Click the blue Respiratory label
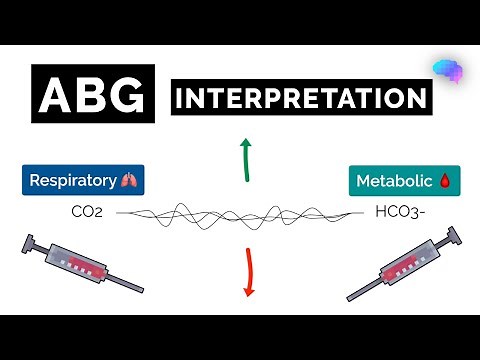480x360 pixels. pyautogui.click(x=83, y=181)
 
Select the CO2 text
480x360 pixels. pyautogui.click(x=87, y=212)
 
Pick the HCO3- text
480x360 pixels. pyautogui.click(x=398, y=212)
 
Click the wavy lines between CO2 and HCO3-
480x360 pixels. pyautogui.click(x=240, y=213)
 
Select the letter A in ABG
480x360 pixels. pyautogui.click(x=56, y=96)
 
